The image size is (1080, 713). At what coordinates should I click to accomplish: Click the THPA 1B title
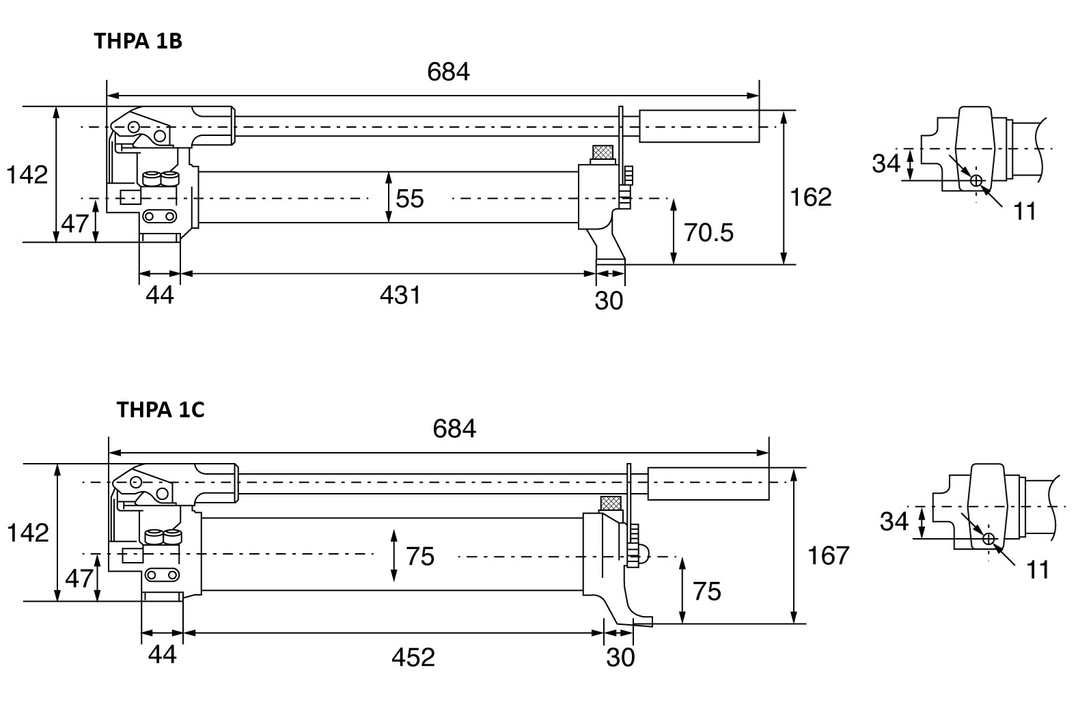coord(138,41)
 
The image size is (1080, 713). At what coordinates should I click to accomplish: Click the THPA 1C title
coord(161,409)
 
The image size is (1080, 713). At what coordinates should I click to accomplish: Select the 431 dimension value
coord(400,295)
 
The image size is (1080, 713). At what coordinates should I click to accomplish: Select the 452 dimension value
coord(413,657)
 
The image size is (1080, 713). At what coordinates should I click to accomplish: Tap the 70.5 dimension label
coord(708,233)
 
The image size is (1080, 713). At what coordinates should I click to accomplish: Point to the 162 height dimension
coord(811,197)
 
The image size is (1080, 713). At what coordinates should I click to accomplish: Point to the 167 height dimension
coord(828,555)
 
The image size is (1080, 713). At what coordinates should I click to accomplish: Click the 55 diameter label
coord(410,199)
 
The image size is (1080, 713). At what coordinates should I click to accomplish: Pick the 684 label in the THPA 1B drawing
coord(448,72)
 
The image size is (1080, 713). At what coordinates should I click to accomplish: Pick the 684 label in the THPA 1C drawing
coord(454,429)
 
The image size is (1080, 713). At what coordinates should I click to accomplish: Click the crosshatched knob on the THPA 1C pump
coord(610,504)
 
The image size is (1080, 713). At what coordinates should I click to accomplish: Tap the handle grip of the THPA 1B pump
coord(698,126)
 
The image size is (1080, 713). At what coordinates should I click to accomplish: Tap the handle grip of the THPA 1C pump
coord(708,484)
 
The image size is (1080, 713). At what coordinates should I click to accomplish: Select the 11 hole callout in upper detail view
coord(1025,212)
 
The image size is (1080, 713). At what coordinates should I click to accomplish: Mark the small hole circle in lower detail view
coord(988,539)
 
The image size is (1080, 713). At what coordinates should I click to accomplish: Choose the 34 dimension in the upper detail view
coord(886,164)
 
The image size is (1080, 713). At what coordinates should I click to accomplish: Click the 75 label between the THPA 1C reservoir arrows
coord(420,557)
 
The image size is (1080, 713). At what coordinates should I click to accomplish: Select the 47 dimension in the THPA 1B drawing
coord(75,223)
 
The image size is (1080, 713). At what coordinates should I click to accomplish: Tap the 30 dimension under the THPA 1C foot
coord(620,657)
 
